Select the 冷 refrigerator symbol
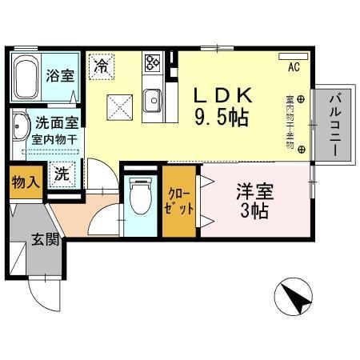(x=102, y=66)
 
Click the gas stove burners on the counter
(x=153, y=62)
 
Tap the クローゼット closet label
(x=179, y=200)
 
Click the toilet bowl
(x=138, y=196)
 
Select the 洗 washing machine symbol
(x=61, y=174)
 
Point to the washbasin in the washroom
(x=19, y=128)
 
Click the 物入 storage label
(x=25, y=183)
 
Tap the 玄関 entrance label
(x=45, y=239)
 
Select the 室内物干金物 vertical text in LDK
(x=289, y=120)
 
